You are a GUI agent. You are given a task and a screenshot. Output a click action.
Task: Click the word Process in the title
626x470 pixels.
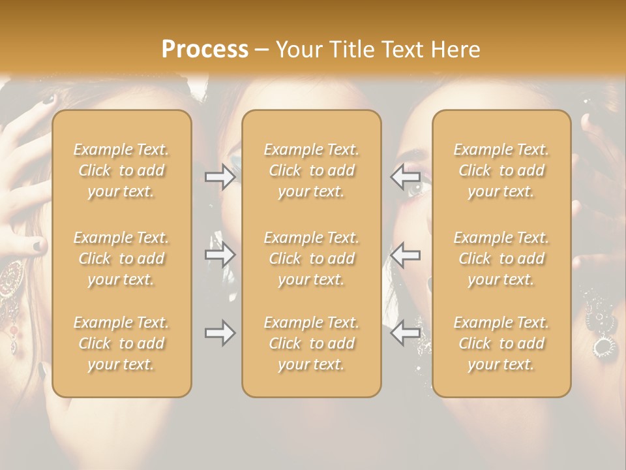coord(205,49)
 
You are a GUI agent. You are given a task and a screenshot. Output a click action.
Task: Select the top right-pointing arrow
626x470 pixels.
coord(220,177)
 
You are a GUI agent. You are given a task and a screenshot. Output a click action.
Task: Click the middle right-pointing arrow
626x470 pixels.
coord(220,255)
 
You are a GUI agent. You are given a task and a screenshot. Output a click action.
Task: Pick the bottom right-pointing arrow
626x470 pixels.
coord(220,334)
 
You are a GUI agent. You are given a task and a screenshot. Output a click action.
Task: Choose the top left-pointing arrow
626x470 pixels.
coord(405,177)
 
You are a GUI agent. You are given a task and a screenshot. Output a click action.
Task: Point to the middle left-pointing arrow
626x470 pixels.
coord(405,255)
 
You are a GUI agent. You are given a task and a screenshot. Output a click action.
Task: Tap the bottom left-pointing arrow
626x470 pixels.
coord(405,334)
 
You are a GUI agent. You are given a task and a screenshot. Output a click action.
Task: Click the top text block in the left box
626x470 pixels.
coord(121,170)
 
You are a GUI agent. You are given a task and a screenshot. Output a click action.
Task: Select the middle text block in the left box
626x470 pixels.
coord(121,258)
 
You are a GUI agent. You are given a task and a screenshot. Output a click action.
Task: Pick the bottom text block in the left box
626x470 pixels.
coord(121,343)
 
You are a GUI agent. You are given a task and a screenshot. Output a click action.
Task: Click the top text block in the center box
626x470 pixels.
coord(311,170)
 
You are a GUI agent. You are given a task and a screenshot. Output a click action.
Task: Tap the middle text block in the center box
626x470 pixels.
coord(311,258)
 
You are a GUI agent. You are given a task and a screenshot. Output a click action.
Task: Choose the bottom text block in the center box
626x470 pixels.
coord(311,343)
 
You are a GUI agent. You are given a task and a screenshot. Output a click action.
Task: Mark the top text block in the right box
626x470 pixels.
coord(501,170)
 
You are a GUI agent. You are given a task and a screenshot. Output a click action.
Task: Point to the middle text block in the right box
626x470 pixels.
coord(501,258)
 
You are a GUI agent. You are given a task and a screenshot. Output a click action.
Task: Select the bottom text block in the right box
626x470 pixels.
coord(501,343)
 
